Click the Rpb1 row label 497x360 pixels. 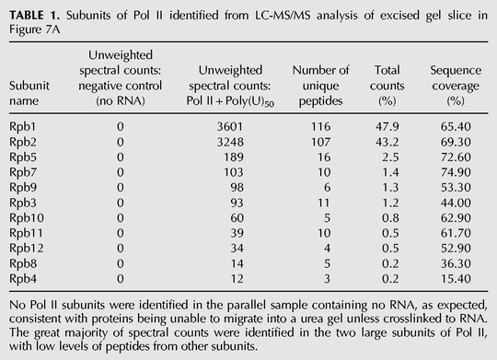point(22,127)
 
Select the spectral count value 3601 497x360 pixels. point(230,126)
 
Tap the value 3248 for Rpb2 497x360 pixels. point(230,142)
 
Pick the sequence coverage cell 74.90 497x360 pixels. point(456,172)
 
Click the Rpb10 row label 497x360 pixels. point(27,218)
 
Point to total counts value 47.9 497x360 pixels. point(387,126)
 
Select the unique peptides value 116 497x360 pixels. point(320,126)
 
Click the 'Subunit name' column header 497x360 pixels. point(29,93)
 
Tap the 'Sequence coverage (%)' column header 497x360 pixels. point(456,86)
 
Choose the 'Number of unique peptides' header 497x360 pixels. point(320,86)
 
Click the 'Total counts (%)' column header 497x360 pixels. point(387,86)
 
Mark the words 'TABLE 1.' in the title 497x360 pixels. point(35,16)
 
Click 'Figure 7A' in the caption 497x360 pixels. point(34,29)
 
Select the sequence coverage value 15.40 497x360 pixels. point(456,279)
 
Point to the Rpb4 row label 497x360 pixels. point(22,279)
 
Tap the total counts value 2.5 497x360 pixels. point(390,157)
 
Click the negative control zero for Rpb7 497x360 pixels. point(121,172)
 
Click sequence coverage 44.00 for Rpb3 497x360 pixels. point(456,203)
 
